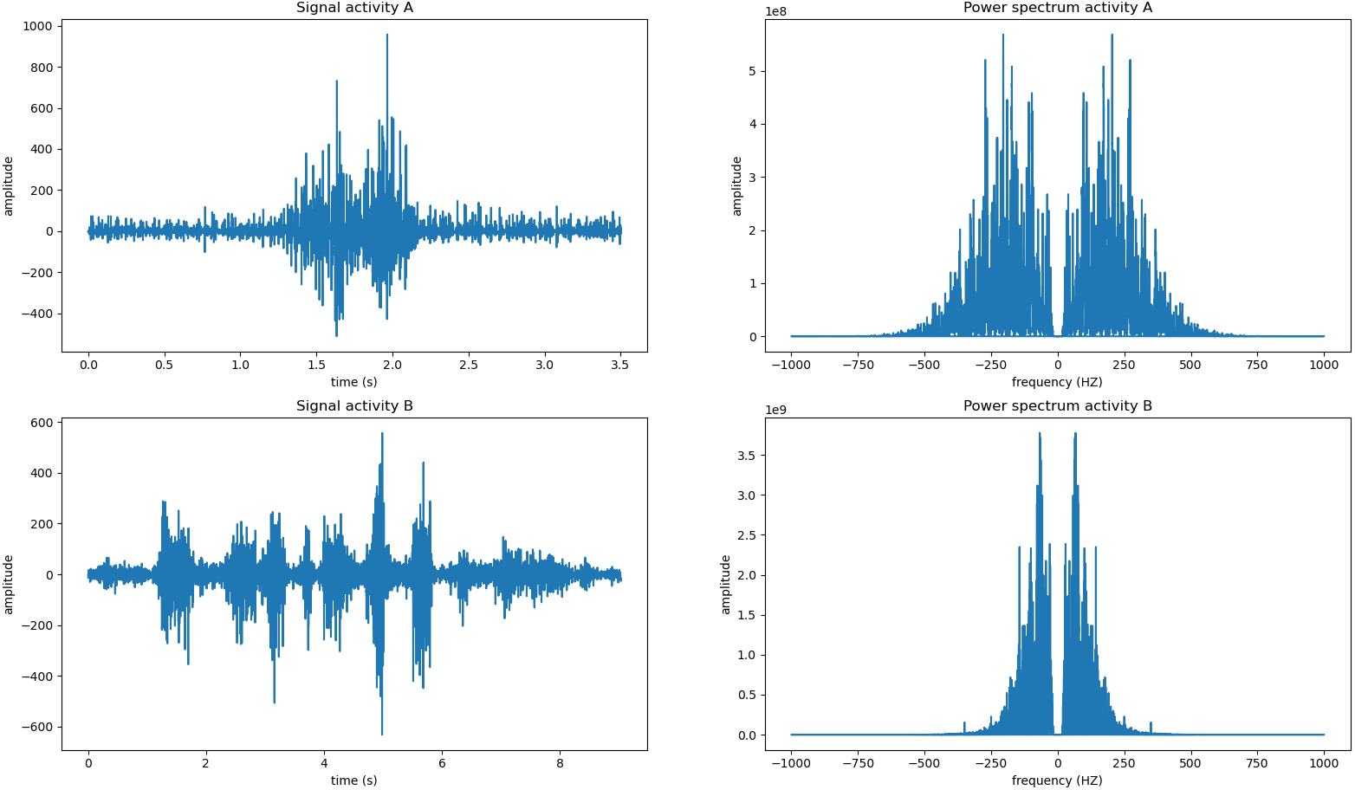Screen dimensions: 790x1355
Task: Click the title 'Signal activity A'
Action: coord(354,8)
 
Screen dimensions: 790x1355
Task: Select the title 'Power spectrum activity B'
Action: coord(1057,406)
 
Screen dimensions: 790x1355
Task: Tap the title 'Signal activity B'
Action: coord(354,406)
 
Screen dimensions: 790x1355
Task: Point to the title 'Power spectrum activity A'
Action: coord(1057,8)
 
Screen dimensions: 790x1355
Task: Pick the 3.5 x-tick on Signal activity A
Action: coord(620,366)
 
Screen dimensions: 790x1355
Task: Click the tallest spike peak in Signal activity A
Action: coord(387,36)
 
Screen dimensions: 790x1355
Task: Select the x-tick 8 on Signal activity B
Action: coord(560,764)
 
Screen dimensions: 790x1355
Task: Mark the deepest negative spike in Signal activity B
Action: coord(382,734)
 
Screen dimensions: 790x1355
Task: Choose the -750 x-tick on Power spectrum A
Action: coord(857,366)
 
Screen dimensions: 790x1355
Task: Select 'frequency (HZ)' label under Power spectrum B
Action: coord(1057,780)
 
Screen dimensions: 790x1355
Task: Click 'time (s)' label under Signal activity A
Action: coord(354,382)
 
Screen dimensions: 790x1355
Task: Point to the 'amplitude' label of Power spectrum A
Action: coord(738,186)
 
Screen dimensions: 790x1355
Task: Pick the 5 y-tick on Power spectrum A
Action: coord(752,71)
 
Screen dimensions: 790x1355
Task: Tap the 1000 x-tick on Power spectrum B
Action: coord(1324,764)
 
